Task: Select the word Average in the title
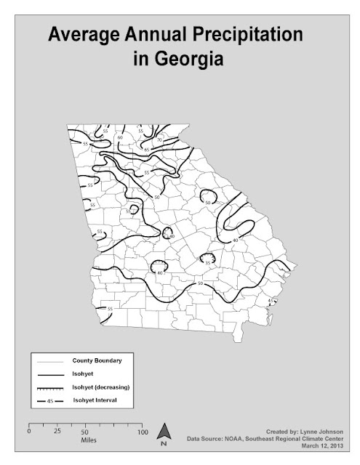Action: pos(83,35)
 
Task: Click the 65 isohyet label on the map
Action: pos(147,149)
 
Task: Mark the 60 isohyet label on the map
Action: pos(120,137)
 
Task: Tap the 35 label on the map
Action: pos(207,262)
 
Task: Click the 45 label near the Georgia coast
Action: pos(270,300)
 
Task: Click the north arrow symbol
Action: pos(165,433)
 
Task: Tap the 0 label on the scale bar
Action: pos(28,432)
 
